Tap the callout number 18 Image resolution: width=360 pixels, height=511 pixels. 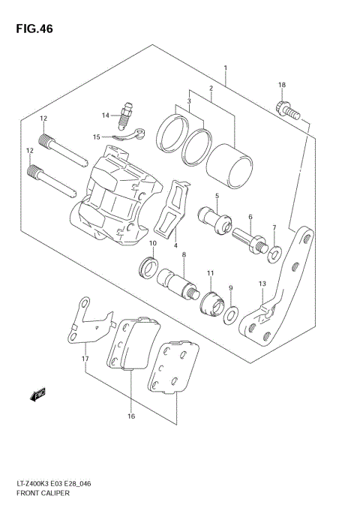(x=282, y=85)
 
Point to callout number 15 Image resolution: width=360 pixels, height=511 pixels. (x=96, y=137)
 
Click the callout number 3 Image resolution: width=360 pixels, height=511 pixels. (x=190, y=101)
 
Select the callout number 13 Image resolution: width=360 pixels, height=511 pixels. (x=262, y=283)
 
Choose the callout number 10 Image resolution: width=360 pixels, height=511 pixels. (x=152, y=244)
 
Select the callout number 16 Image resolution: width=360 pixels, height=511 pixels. (x=130, y=416)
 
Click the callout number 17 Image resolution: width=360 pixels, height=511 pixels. (x=85, y=359)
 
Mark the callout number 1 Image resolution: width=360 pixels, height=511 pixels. (x=225, y=68)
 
